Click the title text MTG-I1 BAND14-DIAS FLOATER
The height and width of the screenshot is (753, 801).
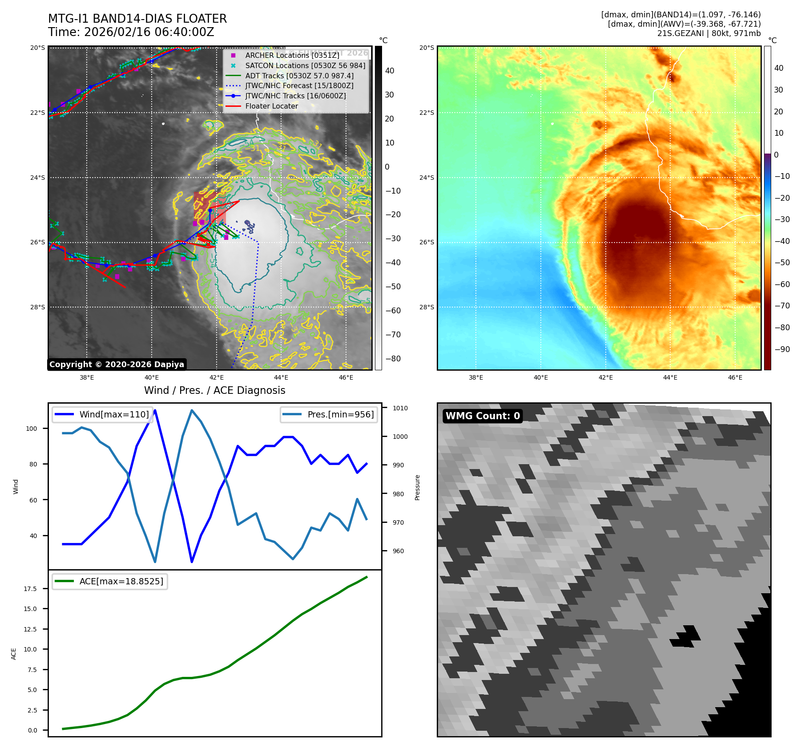click(x=137, y=19)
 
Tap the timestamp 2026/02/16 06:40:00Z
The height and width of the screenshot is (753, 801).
click(x=149, y=32)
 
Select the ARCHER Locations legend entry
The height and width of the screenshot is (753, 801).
click(x=292, y=55)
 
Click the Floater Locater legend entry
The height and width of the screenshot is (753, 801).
click(x=271, y=106)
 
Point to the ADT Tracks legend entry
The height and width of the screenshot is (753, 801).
click(x=299, y=76)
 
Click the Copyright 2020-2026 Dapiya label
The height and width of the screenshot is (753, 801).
click(x=117, y=364)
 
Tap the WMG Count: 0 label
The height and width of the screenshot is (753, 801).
click(x=483, y=416)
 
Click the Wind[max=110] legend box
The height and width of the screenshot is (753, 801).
click(x=103, y=414)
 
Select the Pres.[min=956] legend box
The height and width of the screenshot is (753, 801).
click(x=329, y=414)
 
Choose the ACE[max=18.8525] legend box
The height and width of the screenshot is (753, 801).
click(x=110, y=581)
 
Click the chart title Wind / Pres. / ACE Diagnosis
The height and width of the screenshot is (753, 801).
click(x=214, y=390)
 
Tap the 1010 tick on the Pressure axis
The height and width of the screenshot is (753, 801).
click(x=400, y=408)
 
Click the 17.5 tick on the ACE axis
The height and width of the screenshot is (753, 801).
click(x=30, y=589)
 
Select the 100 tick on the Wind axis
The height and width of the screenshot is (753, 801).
click(x=32, y=429)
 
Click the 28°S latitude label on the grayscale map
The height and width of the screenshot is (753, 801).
click(x=37, y=307)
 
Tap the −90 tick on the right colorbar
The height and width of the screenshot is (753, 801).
click(x=782, y=349)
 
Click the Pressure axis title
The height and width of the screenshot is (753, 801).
click(x=417, y=487)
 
